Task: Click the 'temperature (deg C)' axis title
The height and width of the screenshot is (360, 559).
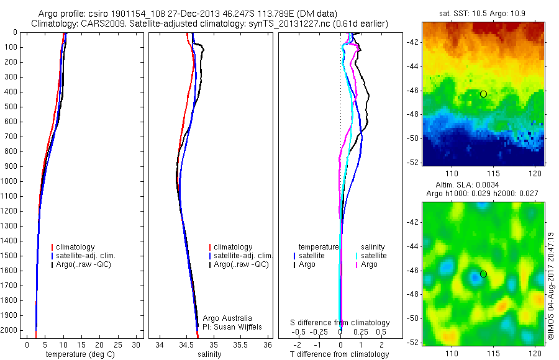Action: pos(81,354)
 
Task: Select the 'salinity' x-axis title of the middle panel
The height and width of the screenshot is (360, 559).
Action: pos(210,354)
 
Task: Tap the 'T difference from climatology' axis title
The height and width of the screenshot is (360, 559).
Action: pos(340,354)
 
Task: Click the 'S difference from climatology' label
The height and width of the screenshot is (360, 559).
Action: pos(340,323)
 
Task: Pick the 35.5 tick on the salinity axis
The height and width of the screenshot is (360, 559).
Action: pos(240,344)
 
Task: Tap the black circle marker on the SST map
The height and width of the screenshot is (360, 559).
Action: pos(483,94)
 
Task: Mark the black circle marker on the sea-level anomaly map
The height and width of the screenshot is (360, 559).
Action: pos(483,274)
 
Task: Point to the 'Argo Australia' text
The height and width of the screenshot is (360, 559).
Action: pos(228,318)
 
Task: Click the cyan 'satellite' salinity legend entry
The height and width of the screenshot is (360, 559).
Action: pos(373,256)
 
